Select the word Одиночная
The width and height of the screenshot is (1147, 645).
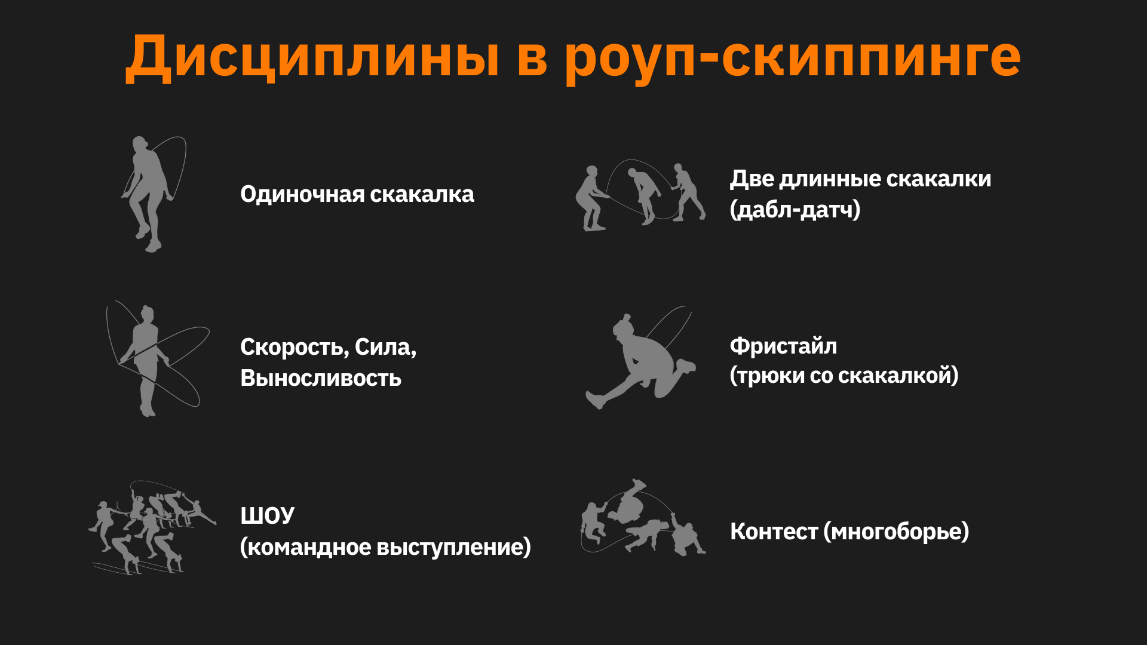[x=302, y=195]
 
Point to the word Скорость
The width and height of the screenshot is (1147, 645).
[x=293, y=347]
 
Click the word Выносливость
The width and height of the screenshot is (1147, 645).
[x=321, y=379]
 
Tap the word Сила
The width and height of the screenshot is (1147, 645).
[x=385, y=347]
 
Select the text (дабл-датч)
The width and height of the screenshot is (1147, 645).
[x=795, y=210]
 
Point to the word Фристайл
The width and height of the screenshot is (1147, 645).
[x=783, y=346]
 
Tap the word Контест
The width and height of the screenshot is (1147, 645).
[x=774, y=532]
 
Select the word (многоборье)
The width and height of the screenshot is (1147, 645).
[x=896, y=532]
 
